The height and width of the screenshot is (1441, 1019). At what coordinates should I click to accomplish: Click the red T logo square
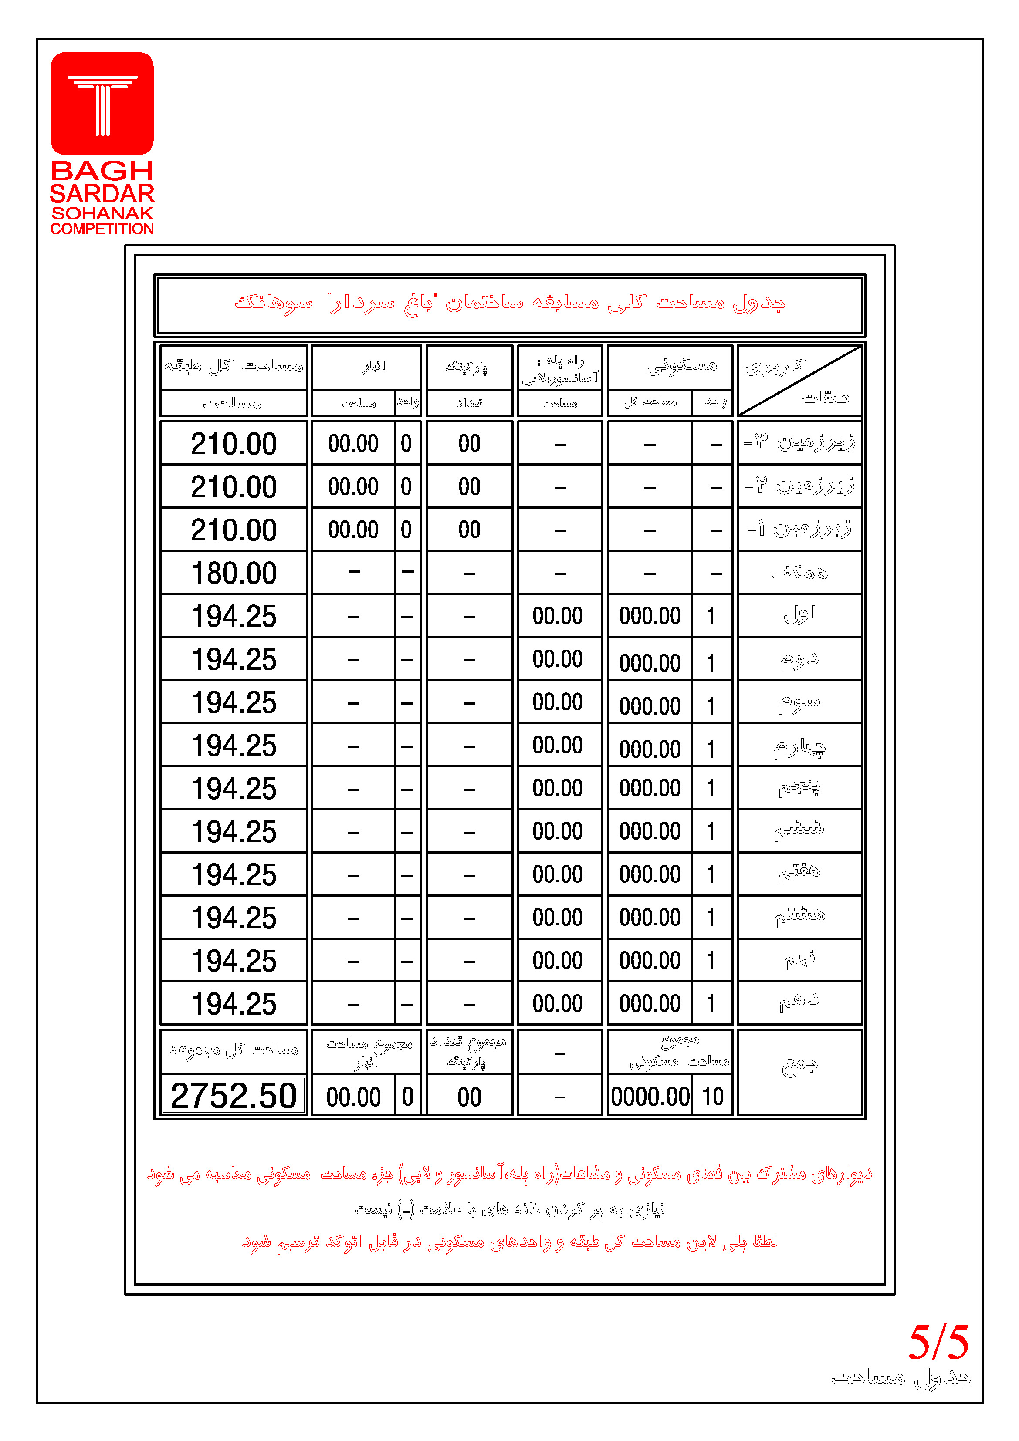pyautogui.click(x=102, y=104)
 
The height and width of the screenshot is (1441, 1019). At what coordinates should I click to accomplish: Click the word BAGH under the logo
pyautogui.click(x=102, y=171)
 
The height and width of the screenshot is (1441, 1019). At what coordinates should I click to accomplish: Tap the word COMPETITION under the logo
pyautogui.click(x=102, y=229)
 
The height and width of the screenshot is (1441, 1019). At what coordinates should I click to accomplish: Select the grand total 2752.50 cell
pyautogui.click(x=234, y=1096)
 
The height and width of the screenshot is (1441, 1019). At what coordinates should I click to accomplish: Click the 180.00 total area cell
pyautogui.click(x=234, y=573)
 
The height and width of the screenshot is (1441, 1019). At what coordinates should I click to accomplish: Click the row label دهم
pyautogui.click(x=799, y=1003)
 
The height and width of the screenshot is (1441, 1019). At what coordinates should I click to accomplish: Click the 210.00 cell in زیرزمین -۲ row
pyautogui.click(x=234, y=487)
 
